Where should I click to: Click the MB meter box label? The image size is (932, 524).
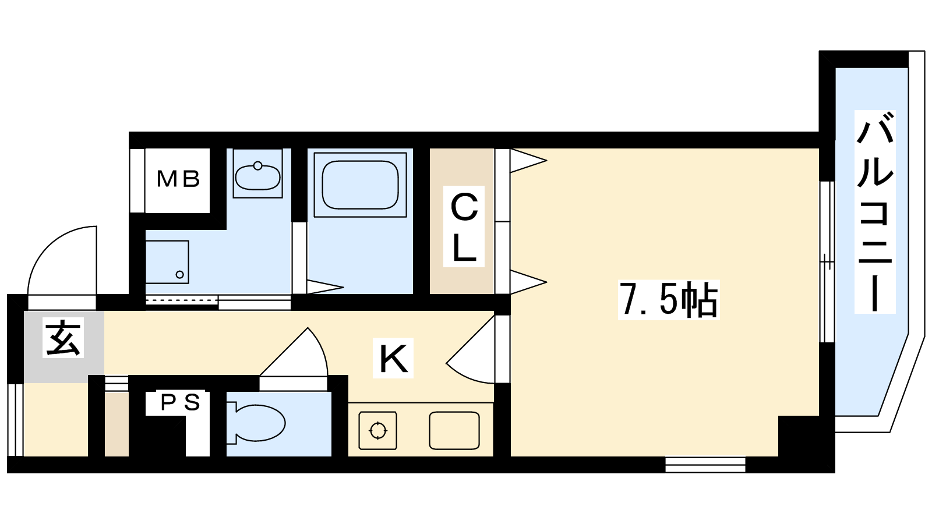[178, 179]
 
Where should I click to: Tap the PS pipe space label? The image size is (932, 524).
[181, 402]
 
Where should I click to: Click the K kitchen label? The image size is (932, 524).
[393, 358]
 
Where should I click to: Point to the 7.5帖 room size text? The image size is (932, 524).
[669, 300]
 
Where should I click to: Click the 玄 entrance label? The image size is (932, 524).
[63, 338]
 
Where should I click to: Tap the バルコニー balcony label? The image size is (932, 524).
[874, 211]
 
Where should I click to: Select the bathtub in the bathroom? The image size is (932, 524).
[360, 185]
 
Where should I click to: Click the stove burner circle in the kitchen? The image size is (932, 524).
[377, 430]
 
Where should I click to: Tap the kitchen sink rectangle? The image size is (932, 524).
[454, 430]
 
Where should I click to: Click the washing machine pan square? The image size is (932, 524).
[167, 262]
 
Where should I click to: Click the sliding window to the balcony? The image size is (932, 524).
[827, 262]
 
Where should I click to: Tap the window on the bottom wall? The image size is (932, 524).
[705, 465]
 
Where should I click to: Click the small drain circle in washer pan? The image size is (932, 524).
[180, 274]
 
